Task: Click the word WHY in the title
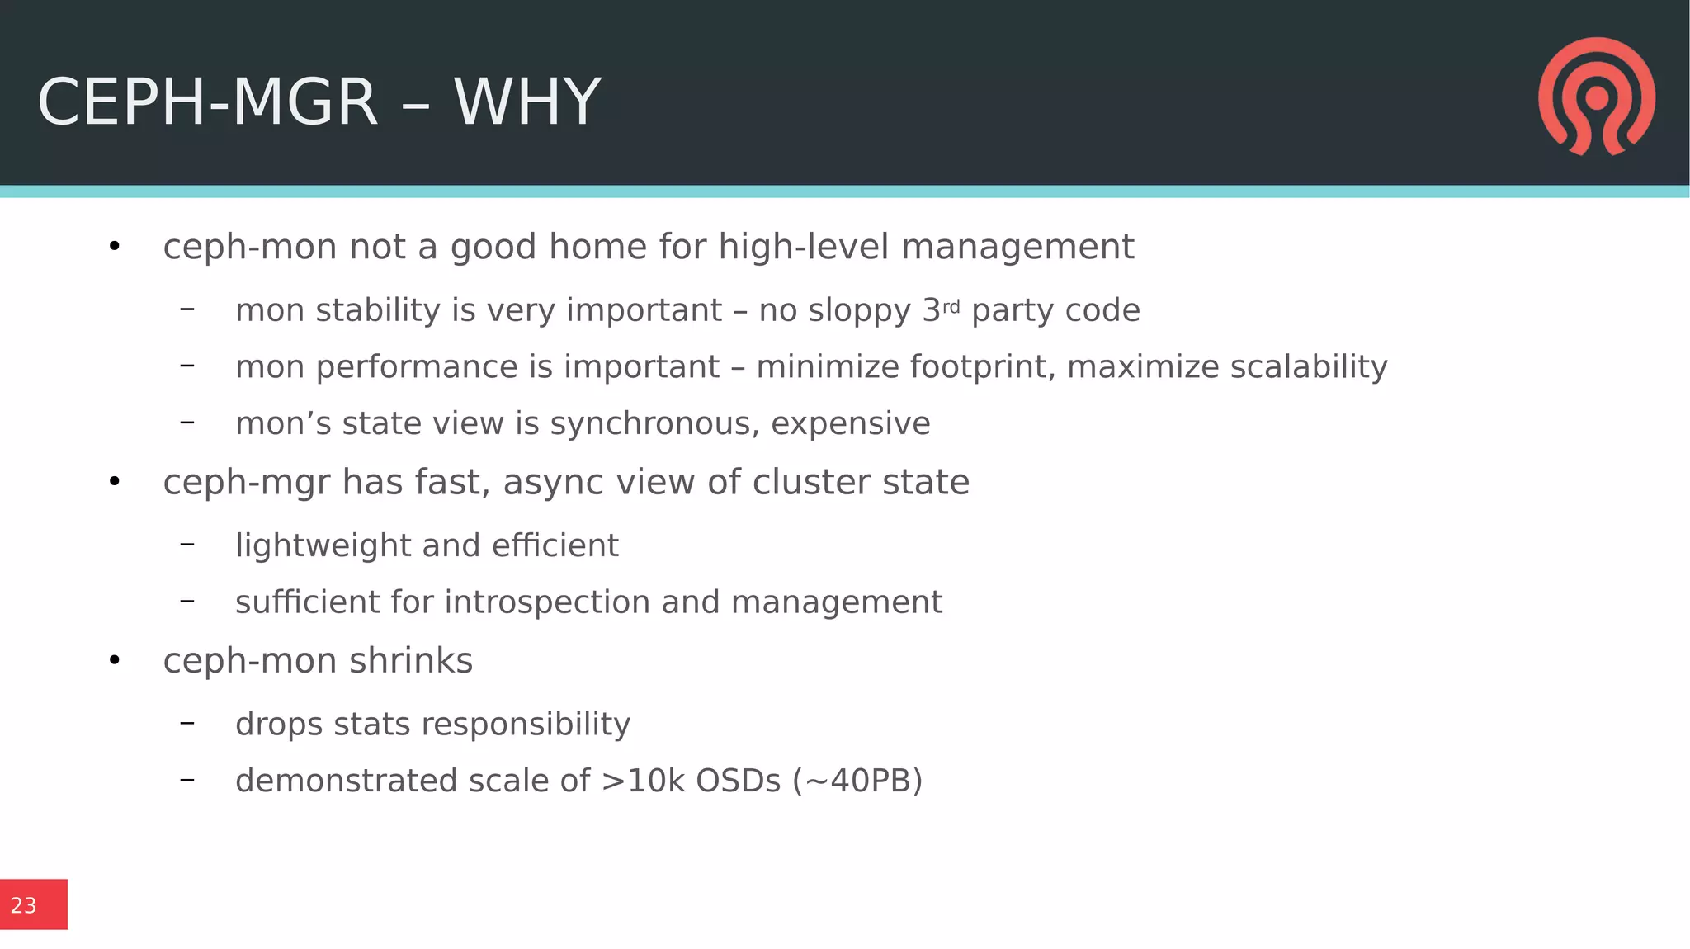pyautogui.click(x=527, y=102)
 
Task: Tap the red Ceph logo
pyautogui.click(x=1596, y=97)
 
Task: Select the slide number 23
pyautogui.click(x=24, y=905)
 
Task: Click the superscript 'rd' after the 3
pyautogui.click(x=951, y=307)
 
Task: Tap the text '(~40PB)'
pyautogui.click(x=857, y=781)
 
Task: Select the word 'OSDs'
pyautogui.click(x=738, y=781)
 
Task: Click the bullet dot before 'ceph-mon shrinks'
pyautogui.click(x=115, y=660)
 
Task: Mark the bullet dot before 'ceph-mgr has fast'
pyautogui.click(x=115, y=482)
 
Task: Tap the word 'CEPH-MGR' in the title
pyautogui.click(x=207, y=102)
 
